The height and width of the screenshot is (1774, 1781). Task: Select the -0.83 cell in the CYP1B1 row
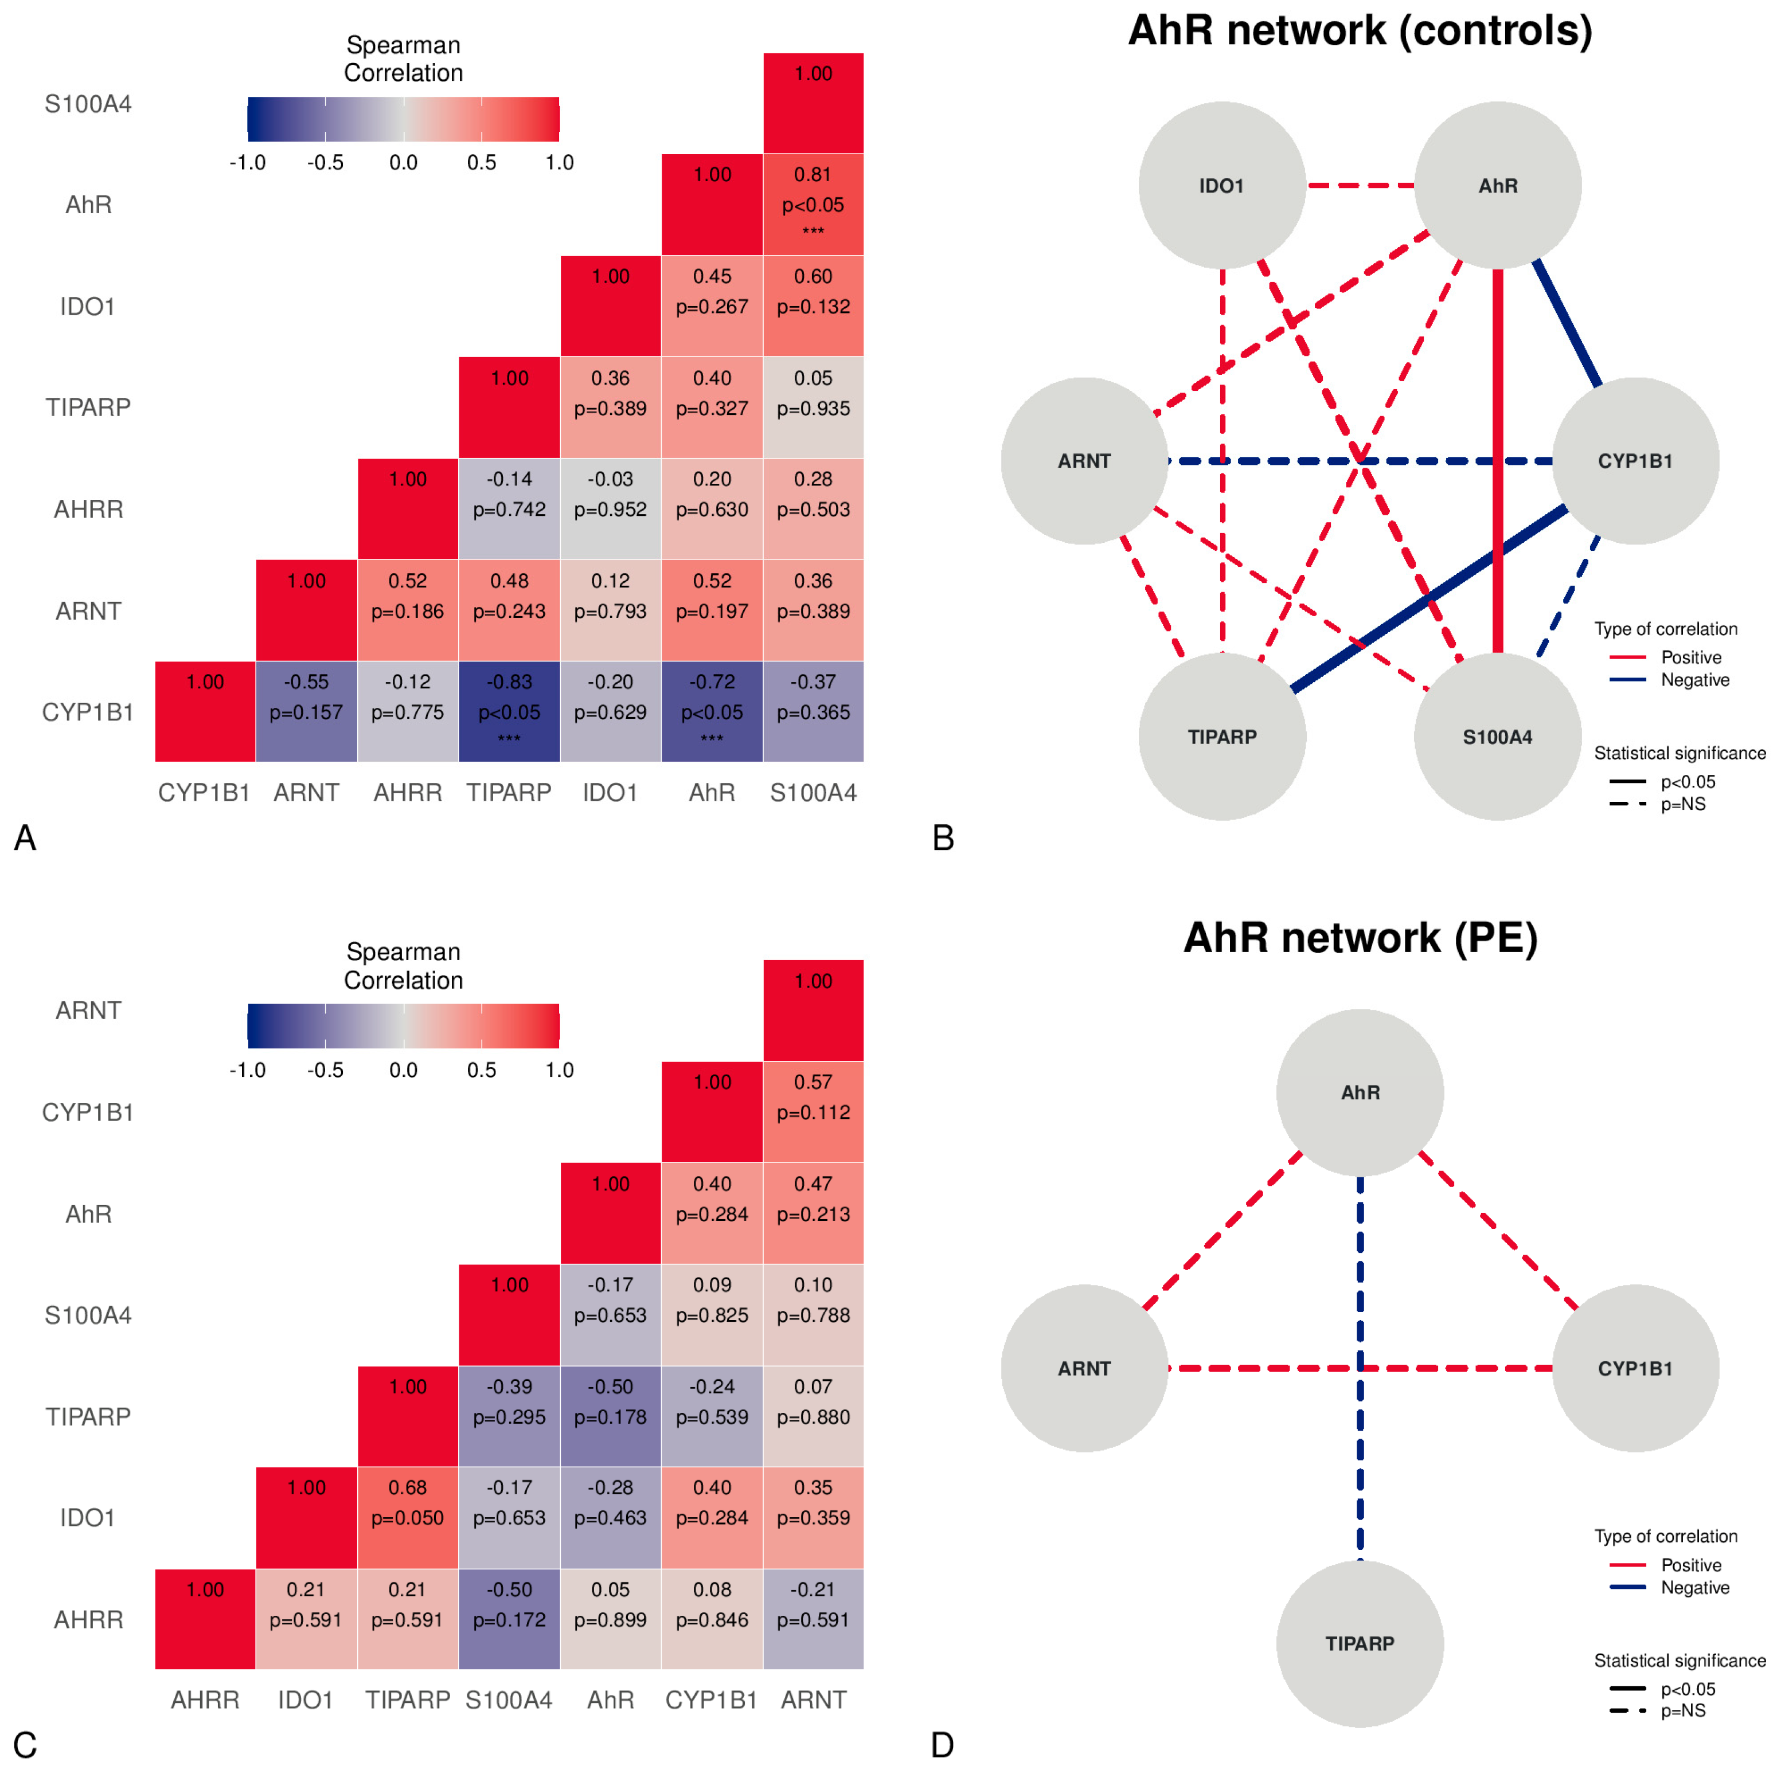click(x=509, y=711)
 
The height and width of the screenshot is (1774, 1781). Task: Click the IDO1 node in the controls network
click(x=1221, y=185)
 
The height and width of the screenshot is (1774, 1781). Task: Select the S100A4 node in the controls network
click(x=1497, y=737)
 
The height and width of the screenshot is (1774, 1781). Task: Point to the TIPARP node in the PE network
click(x=1360, y=1643)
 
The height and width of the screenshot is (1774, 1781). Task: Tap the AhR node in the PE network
click(x=1360, y=1092)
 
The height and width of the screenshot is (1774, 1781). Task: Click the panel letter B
click(x=942, y=837)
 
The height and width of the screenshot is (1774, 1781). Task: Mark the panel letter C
click(x=25, y=1745)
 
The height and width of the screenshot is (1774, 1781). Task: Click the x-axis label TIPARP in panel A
click(x=509, y=793)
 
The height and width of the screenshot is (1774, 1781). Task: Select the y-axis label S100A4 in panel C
click(x=88, y=1314)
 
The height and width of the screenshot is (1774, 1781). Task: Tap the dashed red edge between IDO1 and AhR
click(x=1360, y=185)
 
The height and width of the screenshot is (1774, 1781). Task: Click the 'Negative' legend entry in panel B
click(x=1694, y=680)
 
